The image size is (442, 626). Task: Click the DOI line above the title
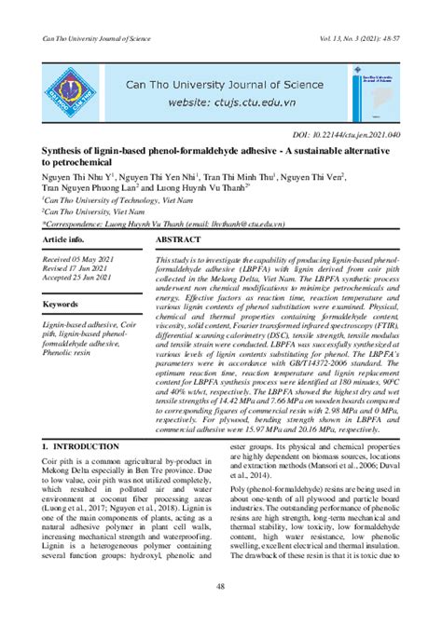(339, 133)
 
